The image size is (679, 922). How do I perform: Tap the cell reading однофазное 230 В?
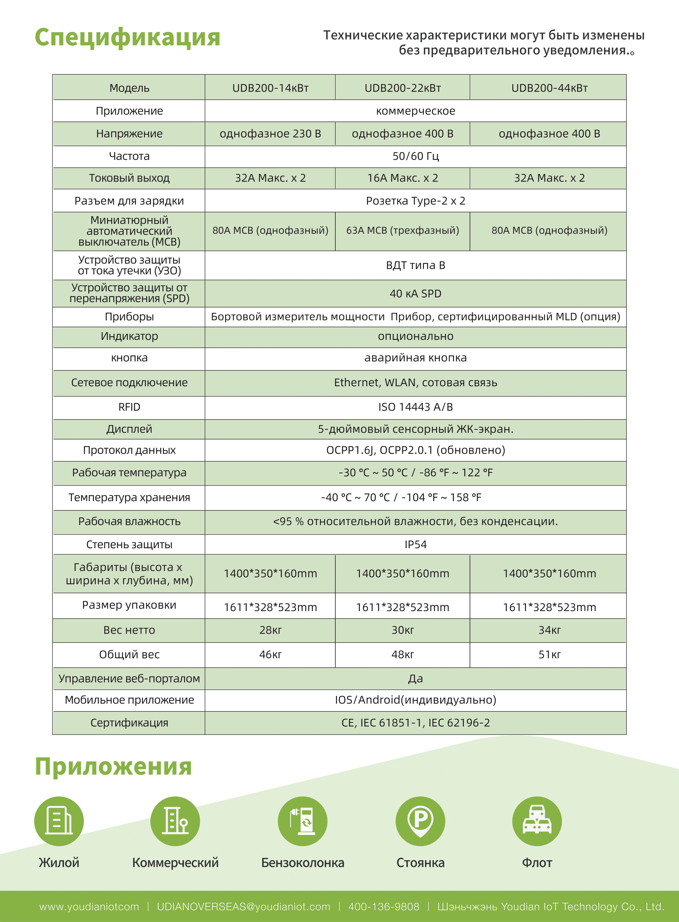(x=270, y=134)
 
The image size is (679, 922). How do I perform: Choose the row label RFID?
(x=129, y=407)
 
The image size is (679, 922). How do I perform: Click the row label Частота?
(x=129, y=156)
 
